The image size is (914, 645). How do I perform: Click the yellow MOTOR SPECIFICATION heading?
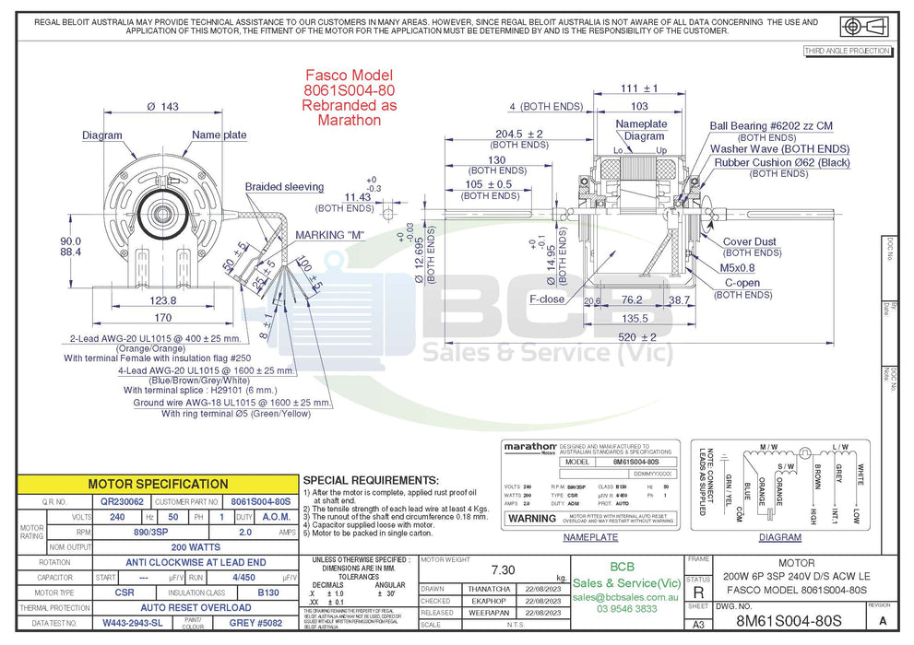(158, 484)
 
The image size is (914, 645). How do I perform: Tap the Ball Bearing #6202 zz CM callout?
(771, 125)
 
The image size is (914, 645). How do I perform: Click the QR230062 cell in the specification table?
(123, 501)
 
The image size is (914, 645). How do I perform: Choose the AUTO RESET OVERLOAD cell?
(196, 607)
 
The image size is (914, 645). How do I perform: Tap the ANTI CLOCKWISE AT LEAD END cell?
(196, 561)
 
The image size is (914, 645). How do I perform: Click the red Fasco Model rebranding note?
(349, 97)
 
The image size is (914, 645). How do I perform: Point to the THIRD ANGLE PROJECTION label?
(847, 51)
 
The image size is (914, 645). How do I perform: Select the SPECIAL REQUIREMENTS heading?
(369, 481)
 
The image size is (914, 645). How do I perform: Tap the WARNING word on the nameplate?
(532, 518)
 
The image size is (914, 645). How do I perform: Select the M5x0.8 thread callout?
(738, 267)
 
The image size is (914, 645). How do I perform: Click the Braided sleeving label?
(284, 187)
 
